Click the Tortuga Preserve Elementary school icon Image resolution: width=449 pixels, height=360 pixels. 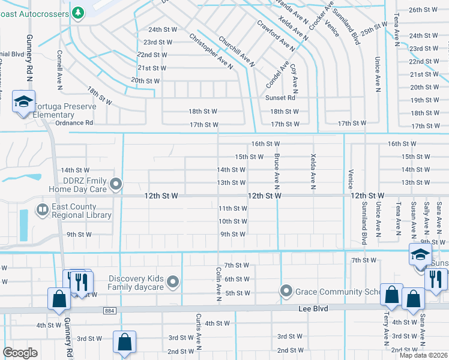click(23, 101)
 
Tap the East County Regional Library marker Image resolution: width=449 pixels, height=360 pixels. click(43, 210)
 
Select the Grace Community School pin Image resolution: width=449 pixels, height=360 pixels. click(286, 292)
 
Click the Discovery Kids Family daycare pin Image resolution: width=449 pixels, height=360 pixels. click(173, 281)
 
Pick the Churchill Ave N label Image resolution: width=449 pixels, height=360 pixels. click(237, 51)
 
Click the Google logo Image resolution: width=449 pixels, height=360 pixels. click(20, 353)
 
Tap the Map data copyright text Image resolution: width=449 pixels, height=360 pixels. click(423, 355)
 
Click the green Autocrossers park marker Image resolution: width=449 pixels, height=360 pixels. click(78, 12)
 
